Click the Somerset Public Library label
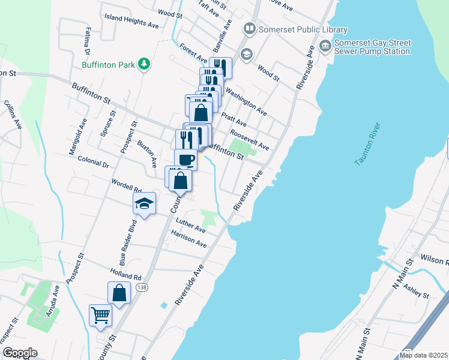pos(303,29)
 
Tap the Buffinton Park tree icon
pos(143,64)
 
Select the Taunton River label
pos(369,146)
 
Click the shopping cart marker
pos(100,315)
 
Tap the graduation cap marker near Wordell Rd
pos(144,203)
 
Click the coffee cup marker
pos(185,160)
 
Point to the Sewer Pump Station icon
pos(325,46)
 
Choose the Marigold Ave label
pos(79,137)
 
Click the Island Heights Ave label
pos(131,22)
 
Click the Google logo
pos(19,353)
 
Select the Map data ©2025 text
pos(423,355)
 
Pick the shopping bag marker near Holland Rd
pos(119,293)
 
